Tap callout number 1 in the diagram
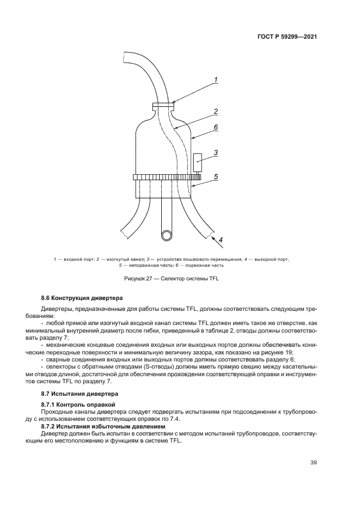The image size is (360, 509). click(216, 80)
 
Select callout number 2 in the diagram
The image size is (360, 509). click(216, 112)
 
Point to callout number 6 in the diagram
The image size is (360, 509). click(216, 127)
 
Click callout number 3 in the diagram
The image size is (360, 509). click(216, 153)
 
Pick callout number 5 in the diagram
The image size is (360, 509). click(216, 176)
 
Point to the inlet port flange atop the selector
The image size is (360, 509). click(163, 106)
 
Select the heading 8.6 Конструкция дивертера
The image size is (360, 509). click(82, 298)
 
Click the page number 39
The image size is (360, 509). click(313, 463)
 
